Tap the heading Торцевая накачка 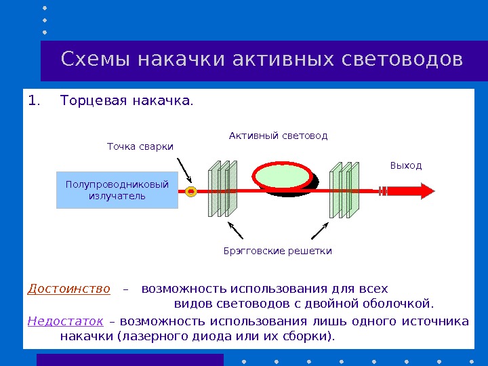[x=126, y=102]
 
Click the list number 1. [x=34, y=102]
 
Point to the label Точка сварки [x=140, y=146]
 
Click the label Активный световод [x=278, y=136]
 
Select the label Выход [x=405, y=165]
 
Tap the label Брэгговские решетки [x=278, y=251]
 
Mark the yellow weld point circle [x=191, y=192]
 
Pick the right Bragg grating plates [x=344, y=190]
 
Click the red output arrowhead [x=424, y=191]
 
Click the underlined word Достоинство [x=68, y=289]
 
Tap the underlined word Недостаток [x=65, y=321]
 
